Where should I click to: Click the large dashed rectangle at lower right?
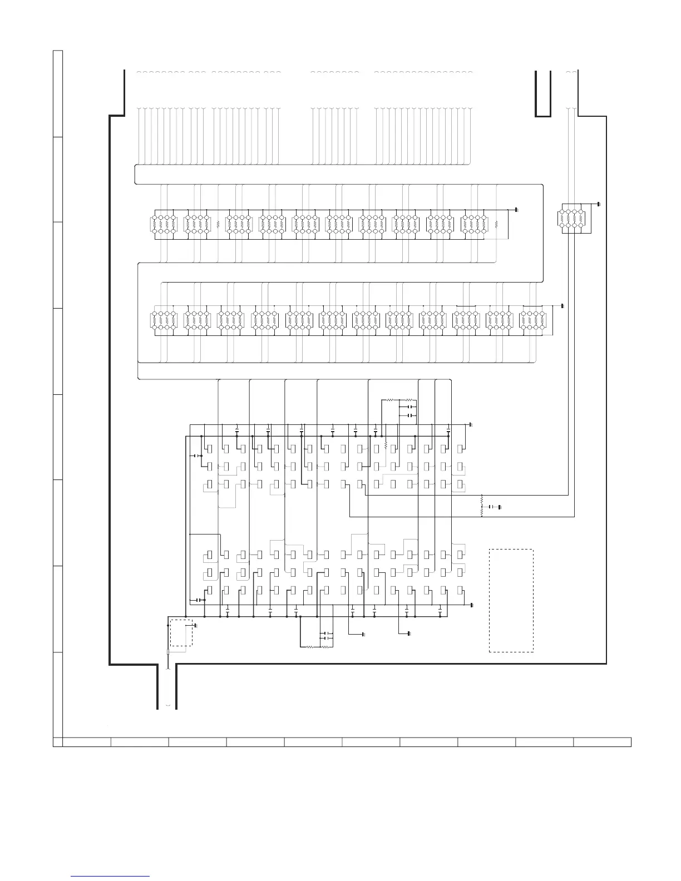(511, 600)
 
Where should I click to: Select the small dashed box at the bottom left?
(181, 632)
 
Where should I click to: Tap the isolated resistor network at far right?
(573, 219)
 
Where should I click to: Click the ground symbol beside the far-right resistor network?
(598, 204)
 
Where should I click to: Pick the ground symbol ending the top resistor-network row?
(516, 210)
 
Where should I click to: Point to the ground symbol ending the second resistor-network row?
(562, 306)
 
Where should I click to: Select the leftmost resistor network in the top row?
(163, 224)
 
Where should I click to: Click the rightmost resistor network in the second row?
(531, 320)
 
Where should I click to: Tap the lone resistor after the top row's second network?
(218, 224)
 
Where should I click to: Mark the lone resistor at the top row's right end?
(496, 225)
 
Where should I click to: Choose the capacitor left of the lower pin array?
(198, 600)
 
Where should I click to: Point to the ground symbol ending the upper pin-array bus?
(471, 425)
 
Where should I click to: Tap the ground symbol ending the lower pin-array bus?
(472, 605)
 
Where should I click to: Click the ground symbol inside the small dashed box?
(194, 625)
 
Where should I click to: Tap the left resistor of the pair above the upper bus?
(390, 400)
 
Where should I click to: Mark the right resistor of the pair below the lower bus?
(326, 647)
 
